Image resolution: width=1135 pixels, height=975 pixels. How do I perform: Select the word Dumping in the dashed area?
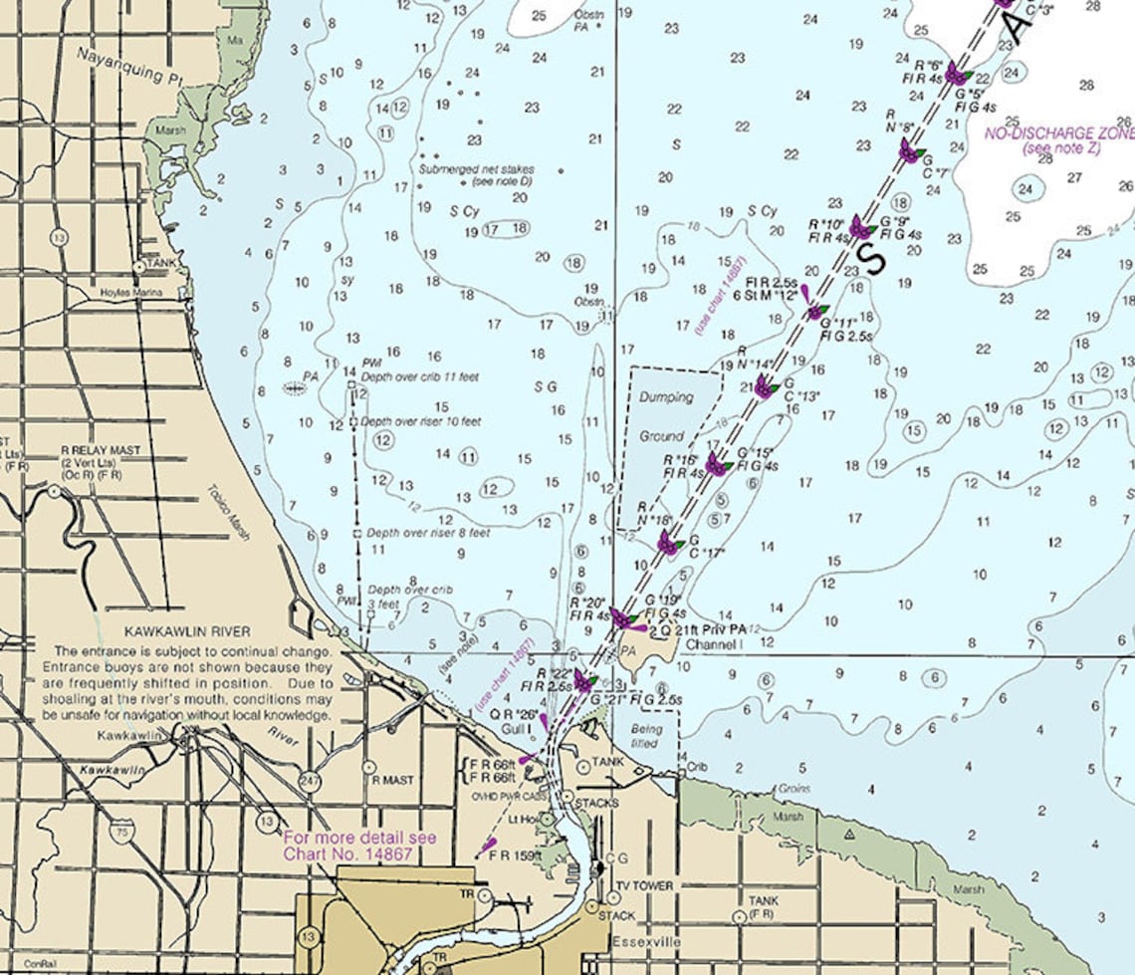666,397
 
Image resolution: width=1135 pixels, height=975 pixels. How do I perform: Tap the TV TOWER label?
644,885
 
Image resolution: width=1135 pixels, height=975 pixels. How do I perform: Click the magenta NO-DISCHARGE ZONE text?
1058,133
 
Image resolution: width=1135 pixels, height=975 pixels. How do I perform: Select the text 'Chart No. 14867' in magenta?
347,854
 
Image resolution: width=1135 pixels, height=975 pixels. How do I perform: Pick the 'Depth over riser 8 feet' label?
428,533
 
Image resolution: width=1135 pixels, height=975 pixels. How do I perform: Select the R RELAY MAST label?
101,450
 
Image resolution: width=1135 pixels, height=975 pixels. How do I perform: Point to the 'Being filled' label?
646,735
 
